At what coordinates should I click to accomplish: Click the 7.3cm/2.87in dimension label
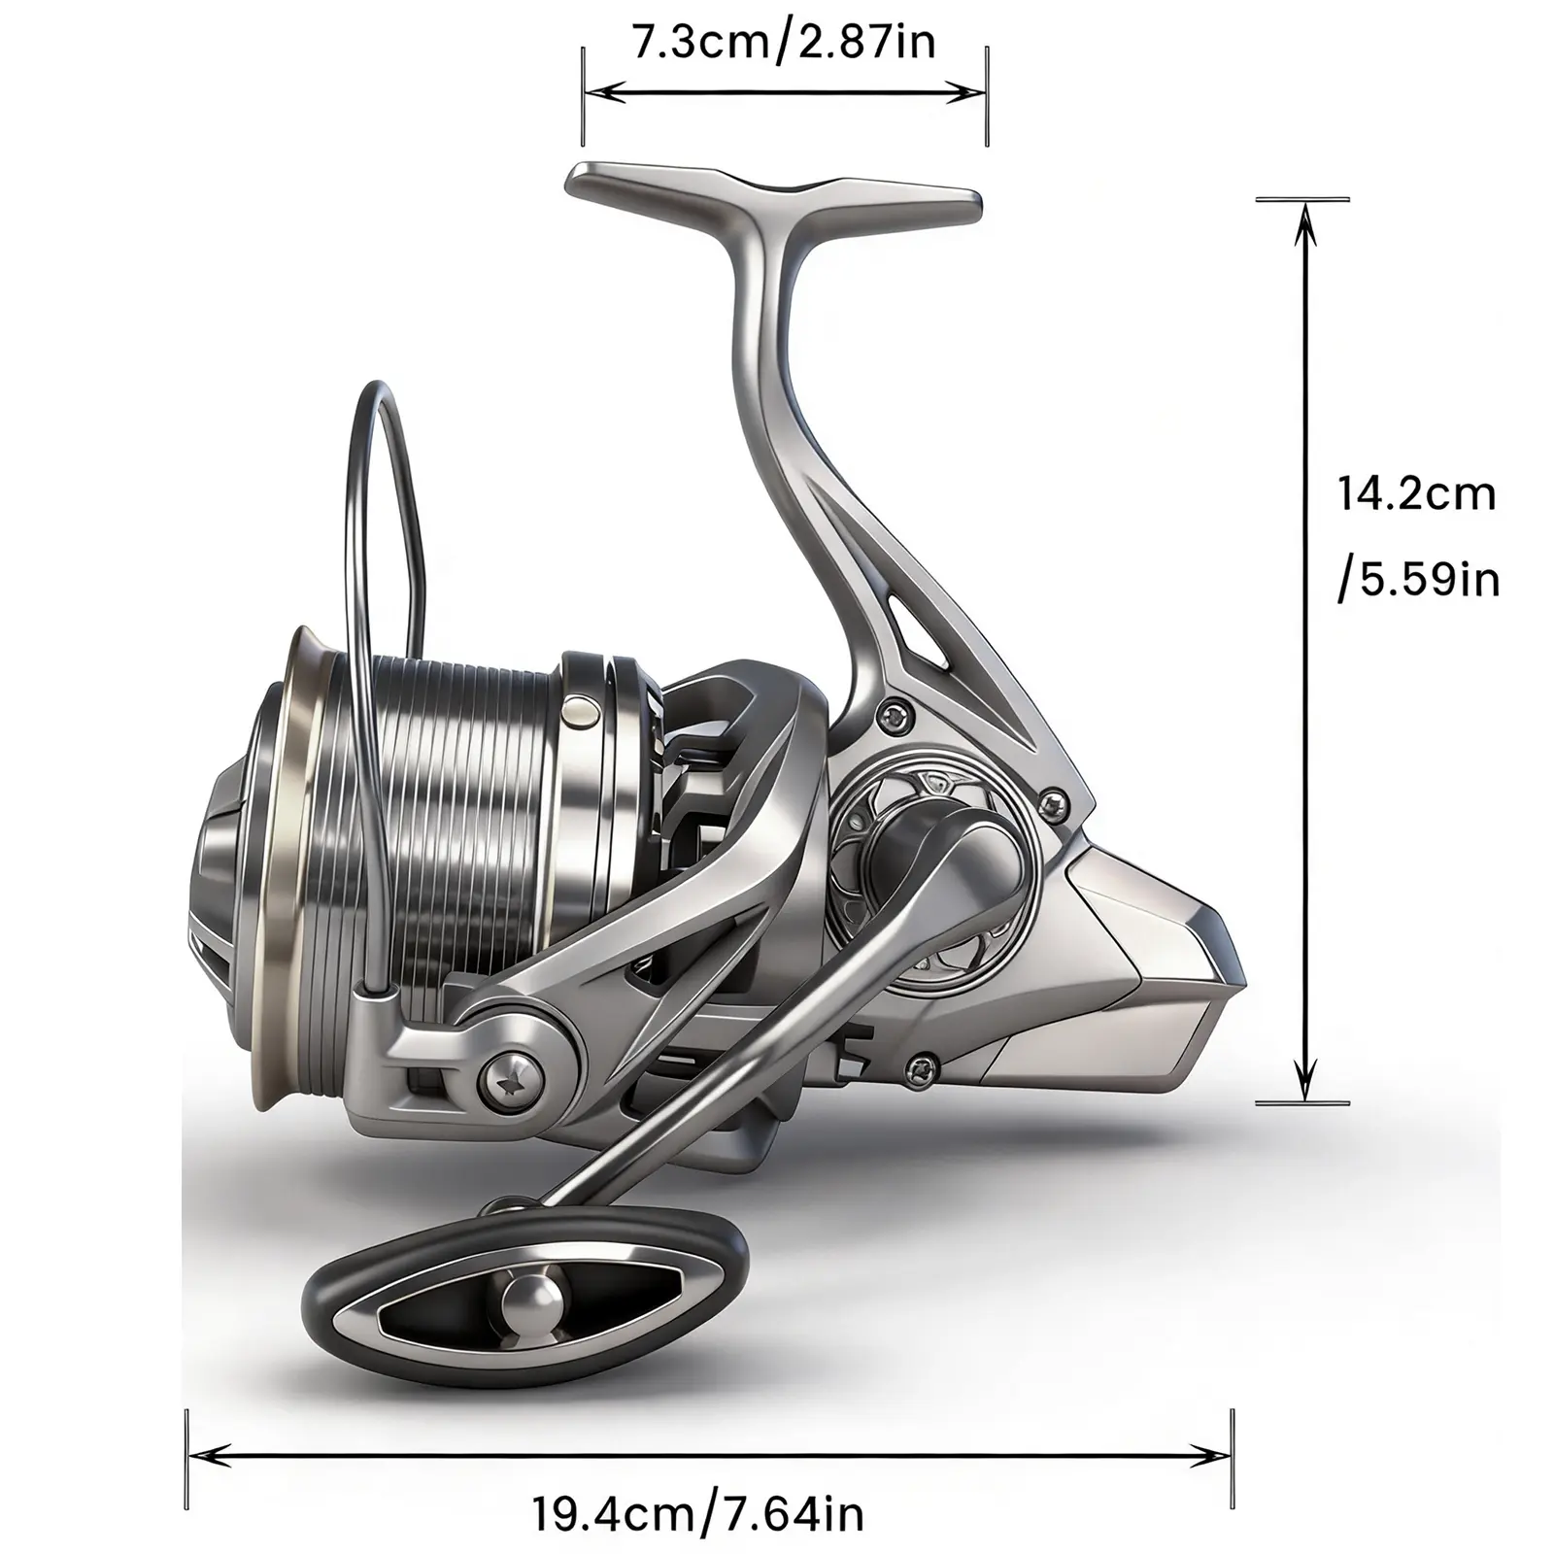pyautogui.click(x=784, y=44)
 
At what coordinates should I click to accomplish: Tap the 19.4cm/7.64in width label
pyautogui.click(x=697, y=1512)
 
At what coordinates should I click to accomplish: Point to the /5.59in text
pyautogui.click(x=1419, y=580)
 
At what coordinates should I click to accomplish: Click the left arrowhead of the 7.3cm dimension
pyautogui.click(x=600, y=92)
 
